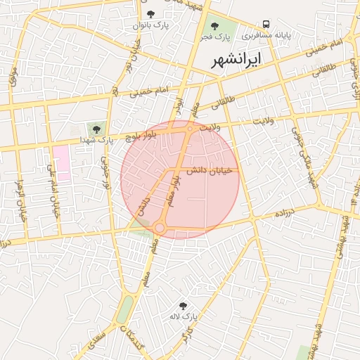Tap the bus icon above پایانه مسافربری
coord(266,24)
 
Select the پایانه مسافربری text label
coord(264,34)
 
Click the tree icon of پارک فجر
coord(214,26)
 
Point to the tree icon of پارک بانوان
coord(150,14)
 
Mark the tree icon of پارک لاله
coord(184,306)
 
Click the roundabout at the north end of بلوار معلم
coord(190,128)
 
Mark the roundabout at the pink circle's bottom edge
coord(160,228)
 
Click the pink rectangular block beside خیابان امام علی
coord(61,162)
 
